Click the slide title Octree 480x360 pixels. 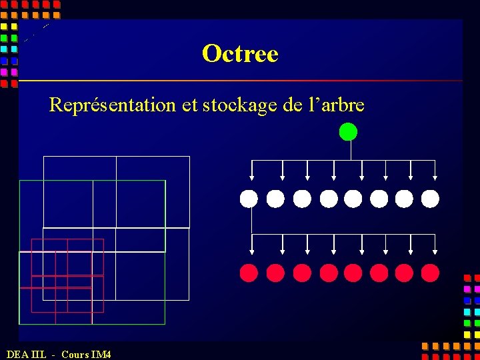click(x=240, y=53)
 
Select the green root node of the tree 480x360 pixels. click(x=348, y=132)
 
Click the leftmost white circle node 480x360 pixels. click(x=249, y=199)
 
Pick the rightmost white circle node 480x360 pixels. click(x=431, y=199)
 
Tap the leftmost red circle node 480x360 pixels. click(x=249, y=273)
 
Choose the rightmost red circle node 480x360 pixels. click(x=431, y=273)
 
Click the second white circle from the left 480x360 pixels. click(x=275, y=199)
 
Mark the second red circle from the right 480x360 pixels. click(x=405, y=273)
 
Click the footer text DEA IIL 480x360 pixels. click(x=27, y=354)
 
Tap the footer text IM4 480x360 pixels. click(x=101, y=354)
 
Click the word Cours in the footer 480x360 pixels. click(x=75, y=354)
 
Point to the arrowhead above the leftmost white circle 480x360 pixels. click(x=251, y=177)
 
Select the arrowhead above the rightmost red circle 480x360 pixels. click(x=435, y=252)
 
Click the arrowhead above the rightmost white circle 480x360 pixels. click(x=435, y=177)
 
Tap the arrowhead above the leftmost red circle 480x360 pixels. click(x=251, y=252)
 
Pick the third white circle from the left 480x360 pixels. click(x=302, y=199)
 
